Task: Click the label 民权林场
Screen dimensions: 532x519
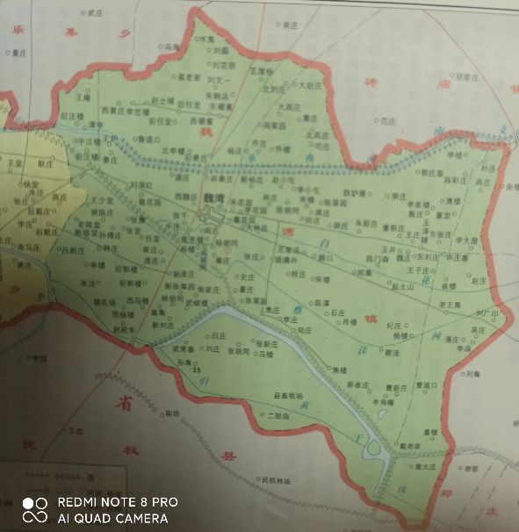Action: [x=273, y=480]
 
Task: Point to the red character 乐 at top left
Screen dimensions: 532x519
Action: [x=15, y=29]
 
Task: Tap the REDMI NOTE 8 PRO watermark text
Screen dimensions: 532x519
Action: [x=118, y=502]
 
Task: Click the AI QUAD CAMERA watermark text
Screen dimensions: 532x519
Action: [x=112, y=518]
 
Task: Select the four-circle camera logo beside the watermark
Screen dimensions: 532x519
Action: [x=34, y=510]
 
